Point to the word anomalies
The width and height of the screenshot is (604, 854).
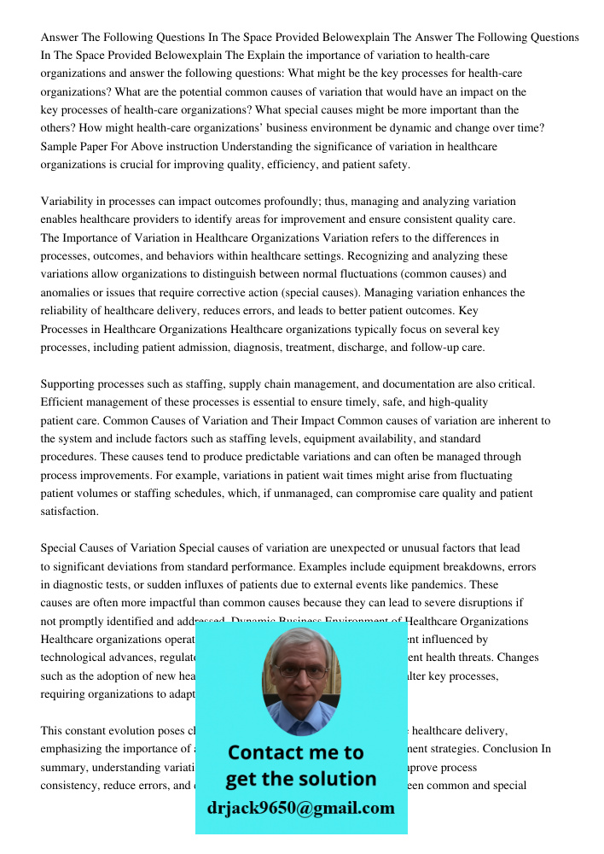point(68,292)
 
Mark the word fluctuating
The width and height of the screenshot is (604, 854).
point(481,475)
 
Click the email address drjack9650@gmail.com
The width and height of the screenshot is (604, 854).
point(300,808)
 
